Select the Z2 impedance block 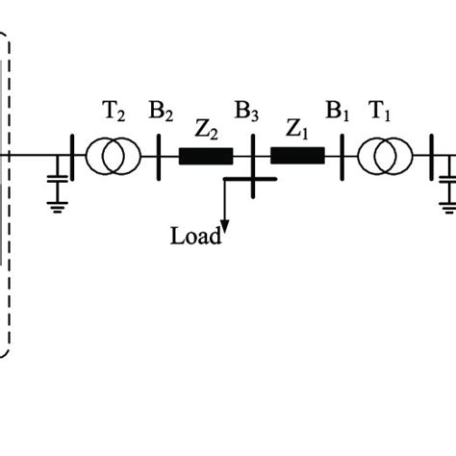[206, 155]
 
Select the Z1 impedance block [297, 155]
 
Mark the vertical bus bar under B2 [158, 155]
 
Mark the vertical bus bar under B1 [342, 155]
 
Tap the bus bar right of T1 [429, 155]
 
